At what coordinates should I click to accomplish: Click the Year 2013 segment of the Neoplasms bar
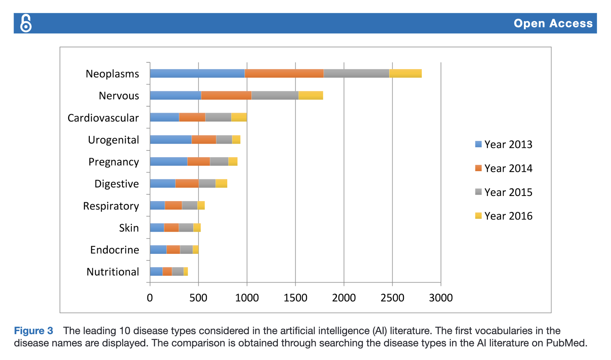(x=197, y=73)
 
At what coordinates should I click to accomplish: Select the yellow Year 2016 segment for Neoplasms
(x=405, y=73)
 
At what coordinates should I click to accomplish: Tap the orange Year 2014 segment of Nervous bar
(x=226, y=96)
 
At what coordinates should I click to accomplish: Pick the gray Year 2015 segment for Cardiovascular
(x=218, y=117)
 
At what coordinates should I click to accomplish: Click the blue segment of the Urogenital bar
(x=170, y=140)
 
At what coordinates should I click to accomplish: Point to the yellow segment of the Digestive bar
(x=221, y=183)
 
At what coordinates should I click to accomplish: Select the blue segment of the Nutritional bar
(x=156, y=272)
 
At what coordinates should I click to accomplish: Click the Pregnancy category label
(x=114, y=162)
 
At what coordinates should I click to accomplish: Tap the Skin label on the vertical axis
(x=129, y=228)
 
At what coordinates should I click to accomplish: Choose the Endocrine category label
(x=114, y=250)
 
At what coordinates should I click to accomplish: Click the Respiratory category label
(x=111, y=206)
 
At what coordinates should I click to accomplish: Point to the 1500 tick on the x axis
(x=295, y=298)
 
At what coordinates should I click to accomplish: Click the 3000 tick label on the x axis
(x=441, y=298)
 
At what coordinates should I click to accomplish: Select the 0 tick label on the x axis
(x=150, y=298)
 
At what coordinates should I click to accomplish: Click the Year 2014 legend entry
(x=503, y=168)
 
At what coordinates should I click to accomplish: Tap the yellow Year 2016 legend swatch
(x=478, y=216)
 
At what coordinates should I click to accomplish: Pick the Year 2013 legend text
(x=508, y=144)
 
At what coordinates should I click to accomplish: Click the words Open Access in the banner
(x=553, y=23)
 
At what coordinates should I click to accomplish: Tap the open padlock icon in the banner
(x=26, y=23)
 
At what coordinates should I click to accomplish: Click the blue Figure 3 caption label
(x=33, y=331)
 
